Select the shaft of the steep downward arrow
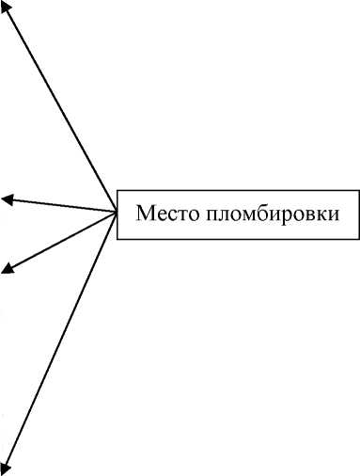(62, 339)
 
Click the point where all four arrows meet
(116, 212)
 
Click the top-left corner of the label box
(117, 186)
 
